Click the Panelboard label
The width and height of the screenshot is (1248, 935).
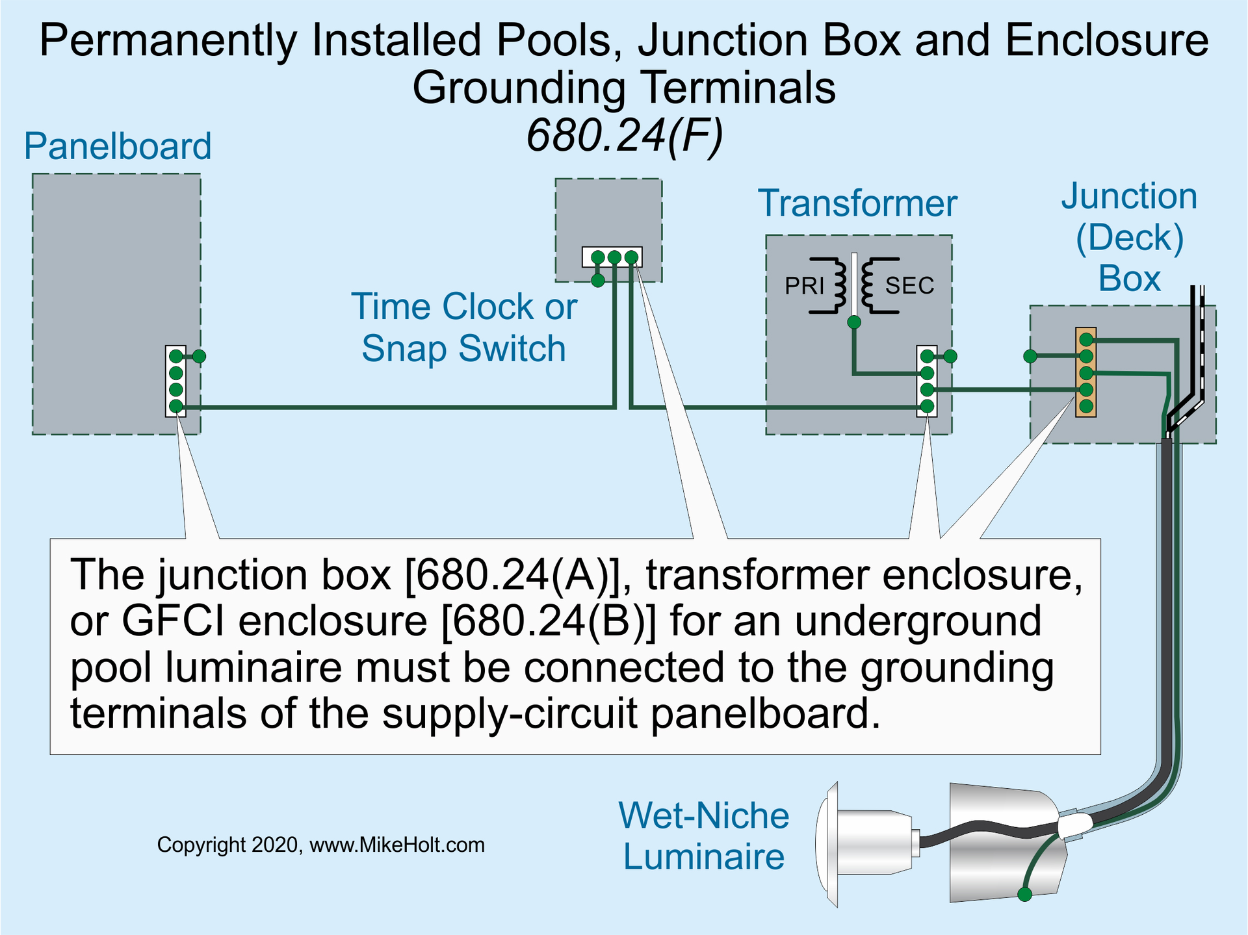[x=118, y=146]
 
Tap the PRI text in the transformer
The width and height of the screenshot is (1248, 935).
[x=804, y=286]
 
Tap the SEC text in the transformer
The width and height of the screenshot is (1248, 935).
[x=909, y=286]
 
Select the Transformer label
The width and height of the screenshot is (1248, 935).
[x=857, y=203]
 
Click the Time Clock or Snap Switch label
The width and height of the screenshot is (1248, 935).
[x=464, y=327]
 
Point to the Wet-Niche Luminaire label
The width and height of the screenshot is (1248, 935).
[x=703, y=836]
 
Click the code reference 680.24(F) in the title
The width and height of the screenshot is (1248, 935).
[x=624, y=136]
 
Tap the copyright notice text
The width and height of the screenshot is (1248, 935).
[x=320, y=845]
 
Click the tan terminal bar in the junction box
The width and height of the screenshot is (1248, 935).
[x=1085, y=372]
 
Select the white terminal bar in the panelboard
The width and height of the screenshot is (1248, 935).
[x=175, y=381]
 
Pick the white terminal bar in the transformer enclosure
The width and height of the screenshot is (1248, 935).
[x=927, y=381]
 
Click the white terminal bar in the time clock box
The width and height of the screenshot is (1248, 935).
[x=612, y=257]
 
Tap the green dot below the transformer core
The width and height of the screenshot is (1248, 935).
[x=854, y=322]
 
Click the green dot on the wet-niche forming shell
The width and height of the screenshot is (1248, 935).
[x=1025, y=895]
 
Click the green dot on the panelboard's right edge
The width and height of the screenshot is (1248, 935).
[x=200, y=356]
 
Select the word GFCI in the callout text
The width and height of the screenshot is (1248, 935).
[x=173, y=621]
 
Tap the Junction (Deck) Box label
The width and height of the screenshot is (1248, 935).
[x=1129, y=237]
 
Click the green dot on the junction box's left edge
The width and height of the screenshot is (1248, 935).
[x=1030, y=356]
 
